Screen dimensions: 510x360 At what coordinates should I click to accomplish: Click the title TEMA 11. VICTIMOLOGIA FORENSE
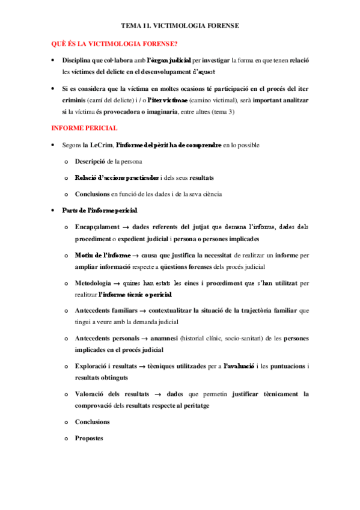tap(180, 26)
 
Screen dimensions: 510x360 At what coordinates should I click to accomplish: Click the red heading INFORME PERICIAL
tap(84, 128)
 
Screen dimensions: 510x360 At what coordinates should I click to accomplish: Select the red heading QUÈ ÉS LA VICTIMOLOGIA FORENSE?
tap(114, 43)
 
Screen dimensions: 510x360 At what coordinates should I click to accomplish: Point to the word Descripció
tap(91, 162)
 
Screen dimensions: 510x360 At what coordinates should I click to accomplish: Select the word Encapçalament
tap(97, 227)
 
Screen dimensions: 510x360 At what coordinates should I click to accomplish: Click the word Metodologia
tap(93, 283)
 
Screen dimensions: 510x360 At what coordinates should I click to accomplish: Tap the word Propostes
tap(89, 438)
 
